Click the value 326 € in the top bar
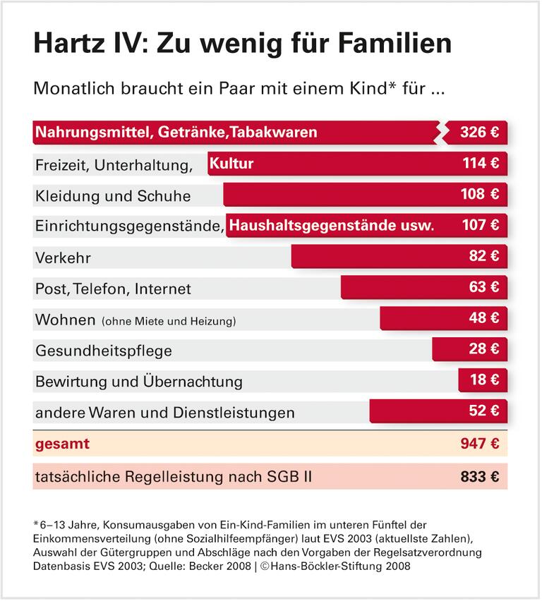(479, 133)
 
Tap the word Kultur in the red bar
(231, 164)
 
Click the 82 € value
(483, 257)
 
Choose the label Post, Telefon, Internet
(113, 289)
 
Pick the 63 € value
(483, 288)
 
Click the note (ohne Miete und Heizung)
(169, 321)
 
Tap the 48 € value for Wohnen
(483, 319)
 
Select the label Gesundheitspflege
(103, 351)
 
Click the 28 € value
(483, 349)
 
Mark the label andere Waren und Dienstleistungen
(164, 412)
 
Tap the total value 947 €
(479, 444)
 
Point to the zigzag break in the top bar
(441, 133)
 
